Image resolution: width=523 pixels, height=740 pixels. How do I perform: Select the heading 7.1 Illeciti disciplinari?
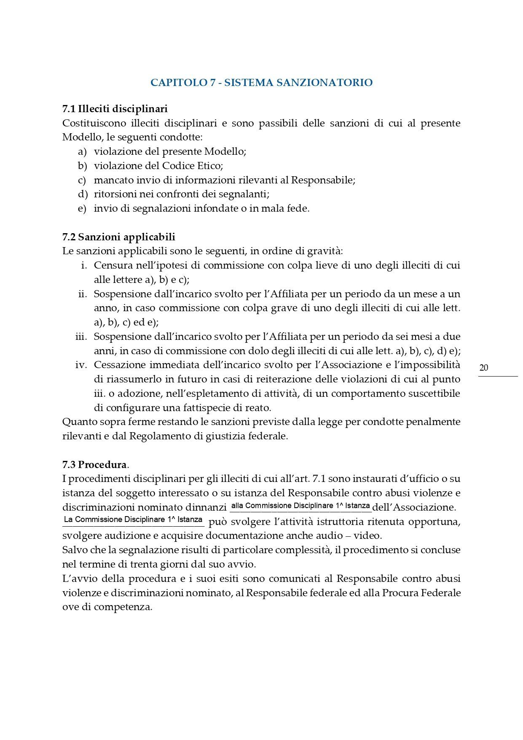pyautogui.click(x=115, y=109)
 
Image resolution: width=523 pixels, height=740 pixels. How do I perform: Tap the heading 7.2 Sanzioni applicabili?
pyautogui.click(x=118, y=237)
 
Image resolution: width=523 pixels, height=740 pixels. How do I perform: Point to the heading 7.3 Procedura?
pyautogui.click(x=94, y=465)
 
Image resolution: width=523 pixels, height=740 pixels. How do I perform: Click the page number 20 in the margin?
pyautogui.click(x=484, y=368)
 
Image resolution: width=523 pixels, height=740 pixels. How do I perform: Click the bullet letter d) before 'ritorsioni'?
pyautogui.click(x=82, y=194)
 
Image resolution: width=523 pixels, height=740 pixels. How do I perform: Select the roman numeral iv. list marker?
pyautogui.click(x=81, y=365)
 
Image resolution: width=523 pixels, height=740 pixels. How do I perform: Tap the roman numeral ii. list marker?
pyautogui.click(x=83, y=294)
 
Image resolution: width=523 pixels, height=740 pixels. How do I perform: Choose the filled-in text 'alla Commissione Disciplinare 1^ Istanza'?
pyautogui.click(x=301, y=506)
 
